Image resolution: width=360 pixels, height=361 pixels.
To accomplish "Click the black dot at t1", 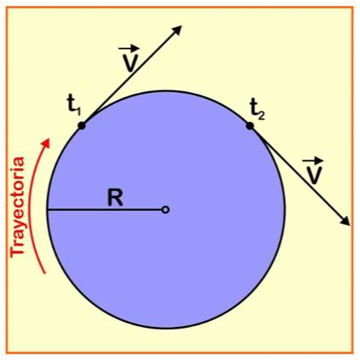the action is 82,125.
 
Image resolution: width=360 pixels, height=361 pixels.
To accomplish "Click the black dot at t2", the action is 250,125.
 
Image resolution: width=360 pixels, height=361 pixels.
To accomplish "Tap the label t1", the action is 74,107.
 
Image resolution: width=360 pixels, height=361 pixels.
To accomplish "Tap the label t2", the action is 258,109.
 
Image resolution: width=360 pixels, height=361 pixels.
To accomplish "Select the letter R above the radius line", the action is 115,198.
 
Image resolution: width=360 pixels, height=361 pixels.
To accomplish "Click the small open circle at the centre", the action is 165,210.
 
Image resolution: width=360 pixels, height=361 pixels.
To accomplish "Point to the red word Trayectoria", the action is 18,207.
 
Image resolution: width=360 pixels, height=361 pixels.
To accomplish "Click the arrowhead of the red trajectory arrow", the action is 46,143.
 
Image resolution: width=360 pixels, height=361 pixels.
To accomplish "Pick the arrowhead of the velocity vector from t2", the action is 345,221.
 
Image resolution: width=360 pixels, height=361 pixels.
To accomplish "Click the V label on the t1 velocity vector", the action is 130,63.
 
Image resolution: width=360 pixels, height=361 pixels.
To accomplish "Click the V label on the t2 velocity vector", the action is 314,176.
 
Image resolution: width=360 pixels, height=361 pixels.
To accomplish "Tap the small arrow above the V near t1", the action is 127,49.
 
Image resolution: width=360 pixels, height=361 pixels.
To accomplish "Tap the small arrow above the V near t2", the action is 313,161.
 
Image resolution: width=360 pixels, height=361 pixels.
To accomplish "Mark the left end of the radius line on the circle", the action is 48,210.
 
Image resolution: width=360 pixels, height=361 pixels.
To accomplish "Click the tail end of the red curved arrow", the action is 44,273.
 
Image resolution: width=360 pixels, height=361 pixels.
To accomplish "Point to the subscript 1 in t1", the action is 78,112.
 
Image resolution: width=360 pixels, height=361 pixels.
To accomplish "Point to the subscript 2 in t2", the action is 262,115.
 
